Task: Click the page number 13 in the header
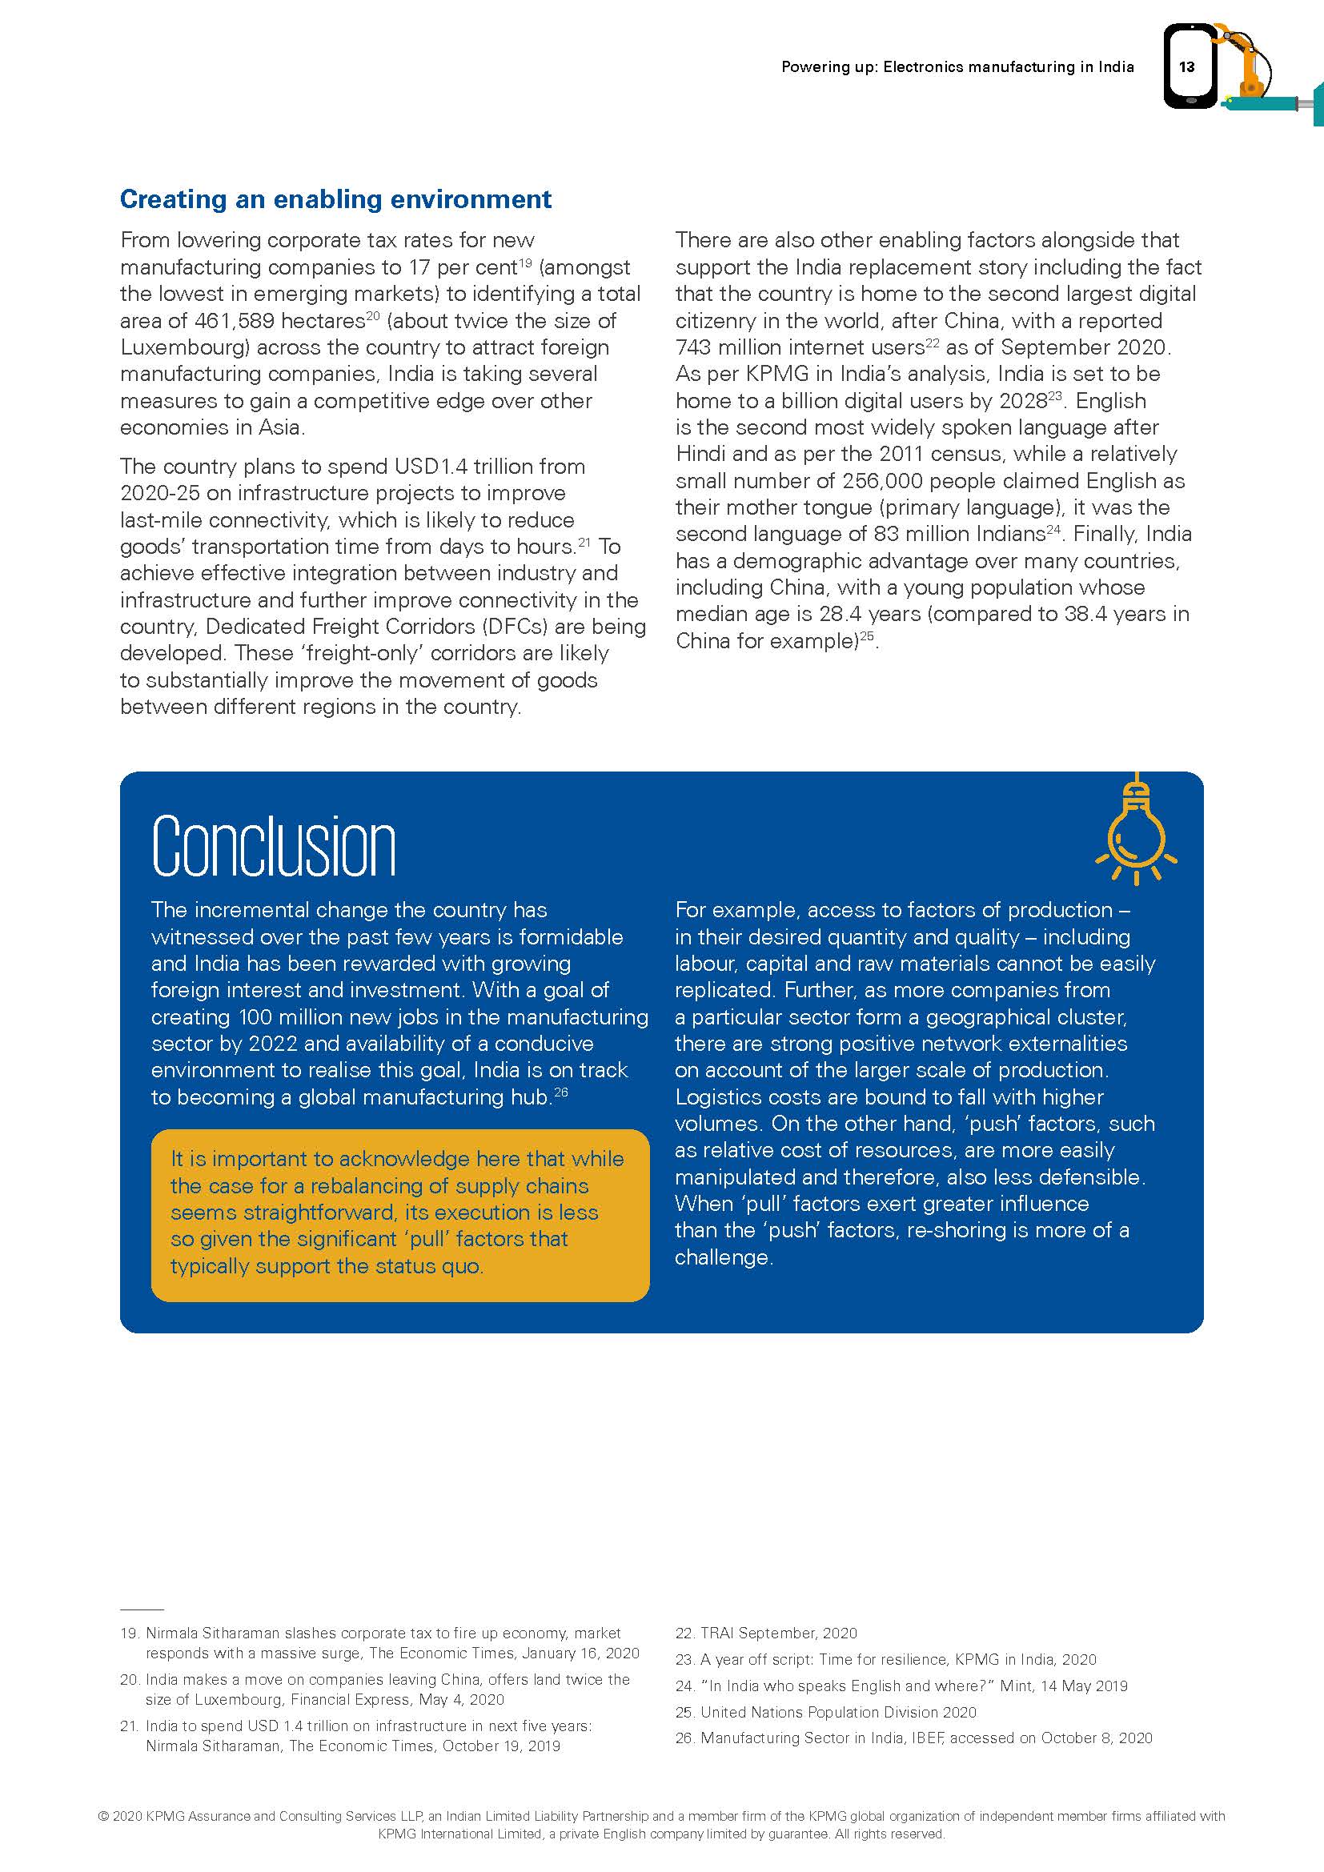[1186, 67]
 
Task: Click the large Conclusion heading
[274, 845]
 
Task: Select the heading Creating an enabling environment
[335, 199]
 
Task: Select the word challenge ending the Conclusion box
[721, 1257]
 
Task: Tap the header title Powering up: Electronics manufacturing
[957, 67]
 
